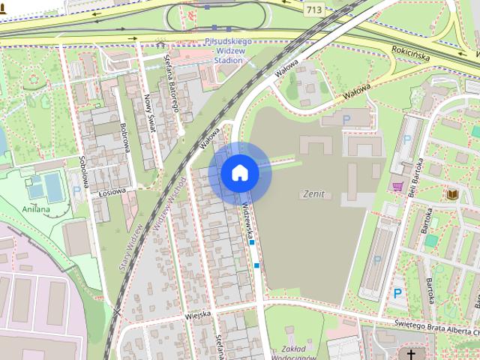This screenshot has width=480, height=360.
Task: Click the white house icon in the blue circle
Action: pos(239,173)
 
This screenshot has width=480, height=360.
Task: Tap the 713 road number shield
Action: pos(314,10)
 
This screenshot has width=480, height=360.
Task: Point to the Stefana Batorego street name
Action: pos(171,83)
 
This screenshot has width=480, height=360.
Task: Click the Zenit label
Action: pos(313,193)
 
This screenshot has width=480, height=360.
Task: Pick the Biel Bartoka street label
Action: pos(415,176)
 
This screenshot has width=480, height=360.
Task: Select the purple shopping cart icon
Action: pos(397,186)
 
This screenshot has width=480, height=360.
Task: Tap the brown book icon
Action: pos(453,195)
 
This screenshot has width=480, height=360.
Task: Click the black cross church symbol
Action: pos(411,353)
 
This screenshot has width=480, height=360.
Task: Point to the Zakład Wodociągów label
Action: pos(294,350)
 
